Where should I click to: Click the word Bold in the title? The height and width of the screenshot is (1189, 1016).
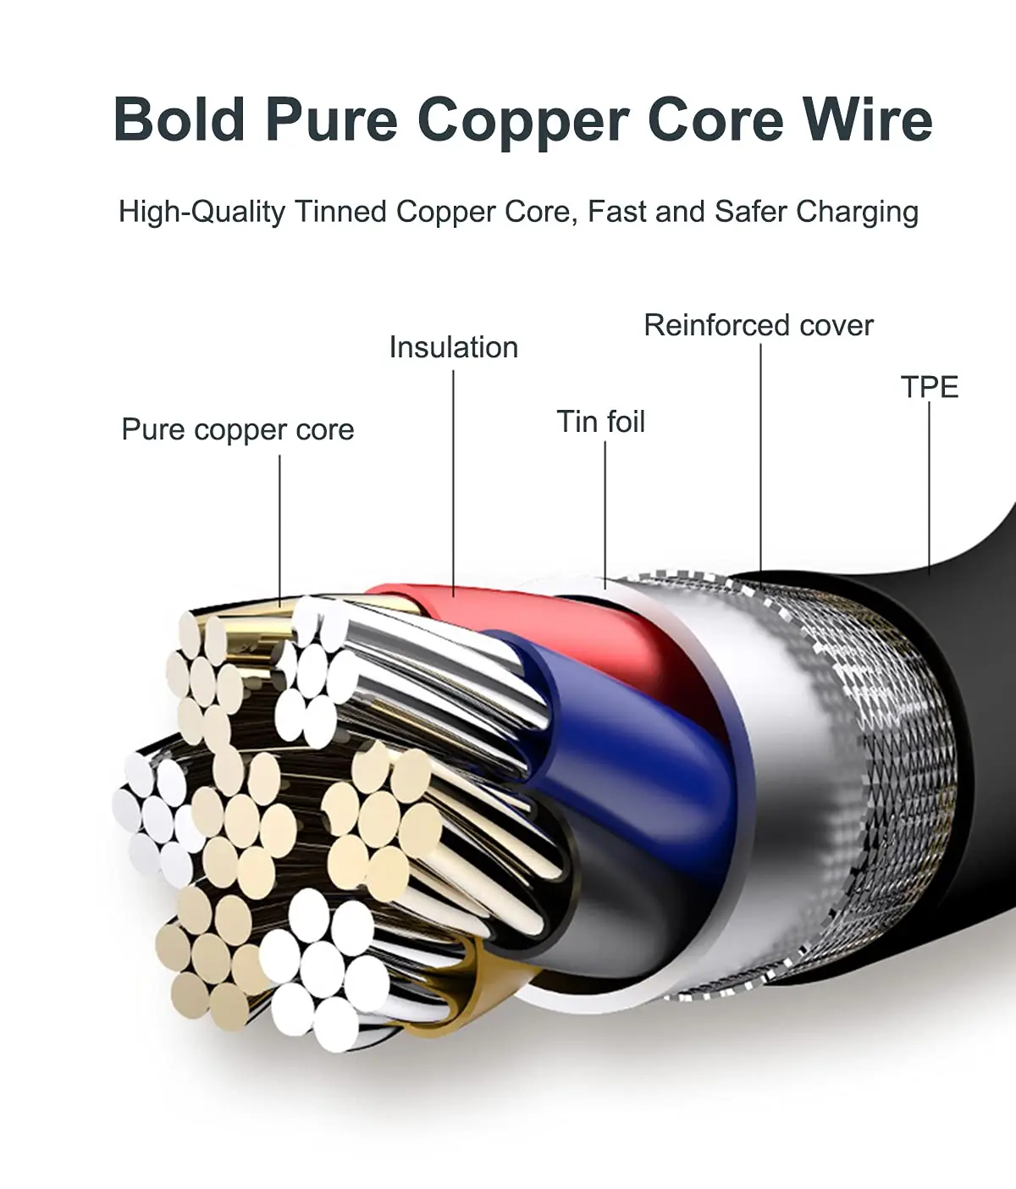tap(179, 119)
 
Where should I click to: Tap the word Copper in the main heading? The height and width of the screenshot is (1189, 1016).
tap(522, 121)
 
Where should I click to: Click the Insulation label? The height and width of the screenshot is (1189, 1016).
tap(453, 347)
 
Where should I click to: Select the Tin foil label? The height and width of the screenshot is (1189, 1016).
tap(600, 422)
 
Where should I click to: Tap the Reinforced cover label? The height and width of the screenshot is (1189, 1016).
tap(758, 325)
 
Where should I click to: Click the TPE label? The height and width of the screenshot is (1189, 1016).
tap(929, 387)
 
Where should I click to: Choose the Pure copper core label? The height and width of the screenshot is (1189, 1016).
tap(237, 429)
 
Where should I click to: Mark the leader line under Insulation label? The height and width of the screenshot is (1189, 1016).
tap(453, 483)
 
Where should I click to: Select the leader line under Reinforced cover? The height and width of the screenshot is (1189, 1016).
tap(759, 457)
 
